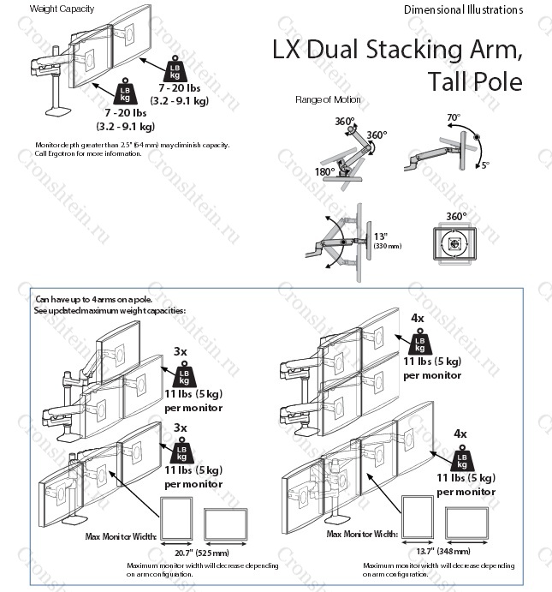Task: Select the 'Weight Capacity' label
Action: coord(62,9)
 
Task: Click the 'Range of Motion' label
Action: coord(328,100)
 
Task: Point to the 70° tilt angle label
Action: coord(453,117)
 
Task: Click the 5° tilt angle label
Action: coord(484,164)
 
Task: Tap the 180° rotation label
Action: coord(324,171)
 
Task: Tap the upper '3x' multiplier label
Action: coord(181,351)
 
